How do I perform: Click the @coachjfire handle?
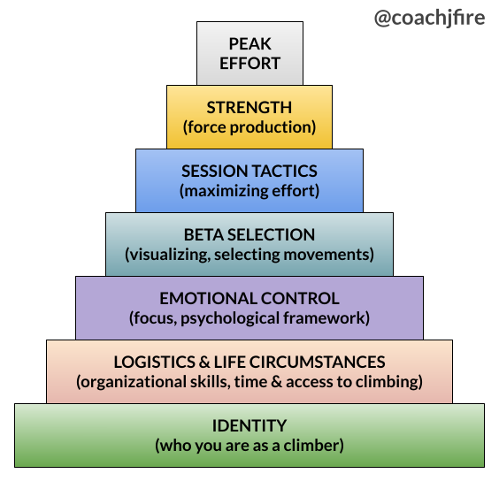pos(429,18)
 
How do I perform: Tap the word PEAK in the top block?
pos(250,43)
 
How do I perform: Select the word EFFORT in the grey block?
pos(250,64)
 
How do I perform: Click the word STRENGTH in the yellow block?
pos(249,107)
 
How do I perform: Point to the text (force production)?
pos(249,127)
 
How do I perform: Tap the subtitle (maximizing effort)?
pos(249,191)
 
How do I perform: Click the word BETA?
pos(203,234)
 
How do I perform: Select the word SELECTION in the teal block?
pos(272,234)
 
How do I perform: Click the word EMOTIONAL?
pos(208,298)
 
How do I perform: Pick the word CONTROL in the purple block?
pos(300,298)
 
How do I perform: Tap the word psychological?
pos(230,318)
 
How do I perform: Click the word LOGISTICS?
pos(155,362)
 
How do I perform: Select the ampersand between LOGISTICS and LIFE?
pos(204,362)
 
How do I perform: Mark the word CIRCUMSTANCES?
pos(318,362)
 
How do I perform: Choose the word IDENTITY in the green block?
pos(249,425)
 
